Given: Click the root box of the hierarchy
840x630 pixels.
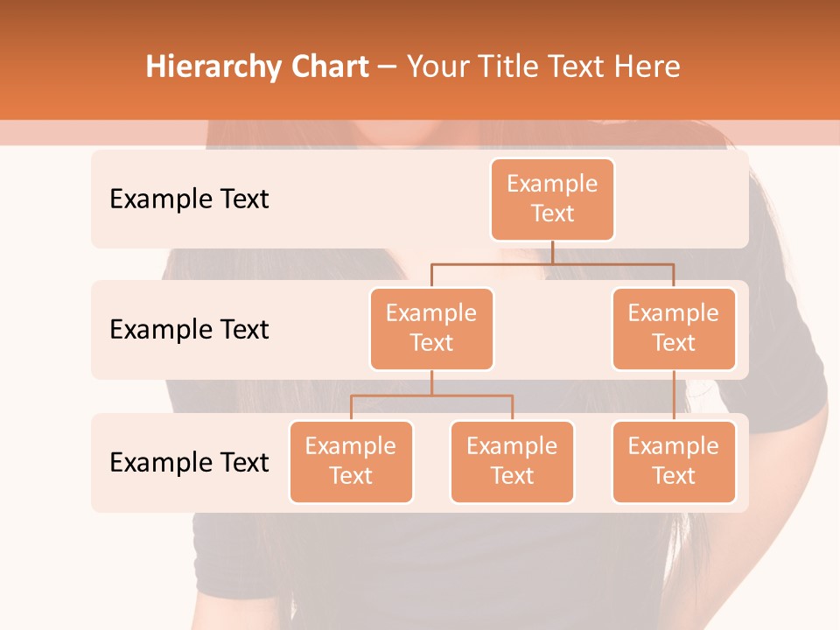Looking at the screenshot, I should (552, 199).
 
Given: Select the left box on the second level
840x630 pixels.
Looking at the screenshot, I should (431, 328).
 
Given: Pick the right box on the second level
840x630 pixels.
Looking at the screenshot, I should (674, 328).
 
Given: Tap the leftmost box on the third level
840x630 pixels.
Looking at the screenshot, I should (351, 461).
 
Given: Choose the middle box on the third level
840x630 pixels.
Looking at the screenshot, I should (512, 461).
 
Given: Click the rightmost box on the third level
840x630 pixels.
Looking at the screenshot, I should (674, 461).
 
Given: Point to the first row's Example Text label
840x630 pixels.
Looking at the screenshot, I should (189, 199).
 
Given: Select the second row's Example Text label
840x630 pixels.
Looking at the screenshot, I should (189, 330).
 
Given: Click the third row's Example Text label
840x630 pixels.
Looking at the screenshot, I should (189, 462).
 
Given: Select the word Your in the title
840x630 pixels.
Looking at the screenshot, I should (435, 66).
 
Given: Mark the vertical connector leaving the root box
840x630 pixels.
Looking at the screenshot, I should (552, 252).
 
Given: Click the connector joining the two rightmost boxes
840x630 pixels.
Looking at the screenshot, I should (674, 395).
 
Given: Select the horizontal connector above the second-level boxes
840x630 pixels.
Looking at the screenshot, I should (552, 262).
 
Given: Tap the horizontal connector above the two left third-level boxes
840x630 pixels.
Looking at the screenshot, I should (431, 395).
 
